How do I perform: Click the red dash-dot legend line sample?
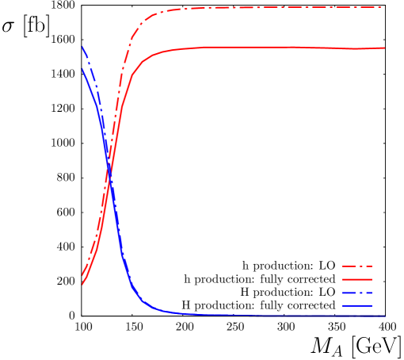coord(356,266)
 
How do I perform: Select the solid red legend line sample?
coord(356,280)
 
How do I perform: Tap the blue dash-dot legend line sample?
coord(356,293)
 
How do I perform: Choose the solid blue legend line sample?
coord(356,306)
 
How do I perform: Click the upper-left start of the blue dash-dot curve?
coord(82,47)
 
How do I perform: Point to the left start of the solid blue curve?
coord(82,69)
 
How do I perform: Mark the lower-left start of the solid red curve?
coord(82,283)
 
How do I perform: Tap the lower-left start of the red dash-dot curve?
coord(82,275)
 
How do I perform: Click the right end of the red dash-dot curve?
coord(384,7)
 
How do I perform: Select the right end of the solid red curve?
coord(384,48)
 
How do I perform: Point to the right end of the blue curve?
coord(384,316)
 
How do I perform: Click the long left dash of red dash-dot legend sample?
coord(348,266)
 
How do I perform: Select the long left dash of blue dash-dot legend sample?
coord(348,293)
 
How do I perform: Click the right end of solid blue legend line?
coord(371,306)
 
